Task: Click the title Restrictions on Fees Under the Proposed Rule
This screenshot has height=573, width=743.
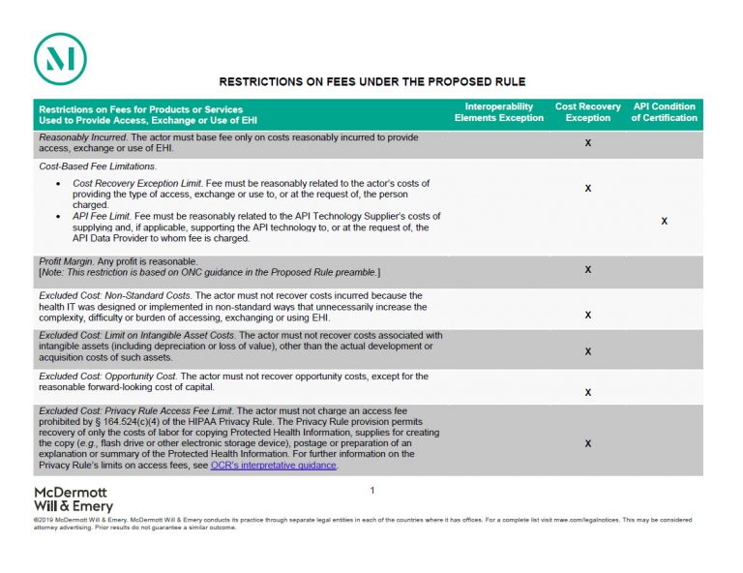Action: click(x=371, y=82)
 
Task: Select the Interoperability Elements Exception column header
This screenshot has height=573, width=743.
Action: click(x=499, y=112)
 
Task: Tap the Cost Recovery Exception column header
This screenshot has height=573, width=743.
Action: click(x=588, y=112)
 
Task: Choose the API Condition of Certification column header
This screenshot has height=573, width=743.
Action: click(x=664, y=112)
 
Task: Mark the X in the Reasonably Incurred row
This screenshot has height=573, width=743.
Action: click(x=588, y=143)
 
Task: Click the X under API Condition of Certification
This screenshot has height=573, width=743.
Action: click(x=664, y=222)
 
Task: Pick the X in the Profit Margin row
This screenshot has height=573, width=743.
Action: click(x=588, y=269)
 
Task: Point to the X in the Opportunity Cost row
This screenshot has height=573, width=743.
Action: click(x=588, y=393)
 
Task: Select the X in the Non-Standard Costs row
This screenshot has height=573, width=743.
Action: click(x=588, y=315)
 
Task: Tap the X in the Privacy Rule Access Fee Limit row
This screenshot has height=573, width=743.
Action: click(x=588, y=443)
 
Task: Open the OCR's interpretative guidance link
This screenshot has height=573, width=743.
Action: click(x=273, y=466)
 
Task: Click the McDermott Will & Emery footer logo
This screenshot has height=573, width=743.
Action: click(x=74, y=498)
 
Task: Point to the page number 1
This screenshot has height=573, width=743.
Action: click(x=371, y=491)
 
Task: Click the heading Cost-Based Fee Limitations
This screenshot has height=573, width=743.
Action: click(x=90, y=166)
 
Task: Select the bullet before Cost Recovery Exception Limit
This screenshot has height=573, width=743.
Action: click(x=60, y=183)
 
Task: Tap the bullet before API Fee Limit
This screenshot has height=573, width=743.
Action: click(x=60, y=216)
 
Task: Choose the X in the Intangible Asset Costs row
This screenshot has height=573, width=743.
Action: click(x=588, y=351)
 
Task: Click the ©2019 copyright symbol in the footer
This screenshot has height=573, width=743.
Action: click(x=36, y=520)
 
